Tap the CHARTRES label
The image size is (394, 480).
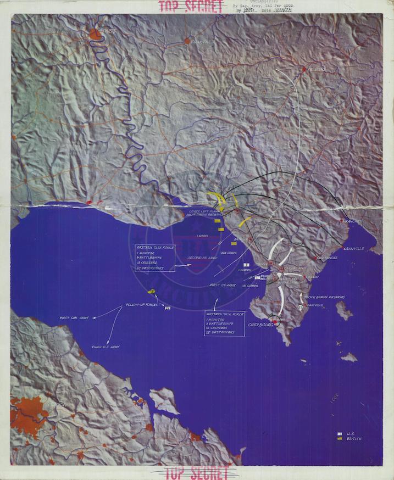pos(204,42)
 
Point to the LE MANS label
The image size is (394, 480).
pos(318,70)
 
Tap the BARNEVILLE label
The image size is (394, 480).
pos(315,305)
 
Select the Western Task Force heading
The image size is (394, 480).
pos(224,315)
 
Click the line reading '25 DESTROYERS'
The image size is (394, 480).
pos(220,332)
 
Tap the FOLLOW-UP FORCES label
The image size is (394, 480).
pos(142,304)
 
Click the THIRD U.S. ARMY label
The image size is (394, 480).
pos(107,347)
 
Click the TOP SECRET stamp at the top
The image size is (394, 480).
pos(191,7)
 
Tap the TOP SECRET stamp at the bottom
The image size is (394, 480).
pos(197,472)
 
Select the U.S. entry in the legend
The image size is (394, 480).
pos(350,433)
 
